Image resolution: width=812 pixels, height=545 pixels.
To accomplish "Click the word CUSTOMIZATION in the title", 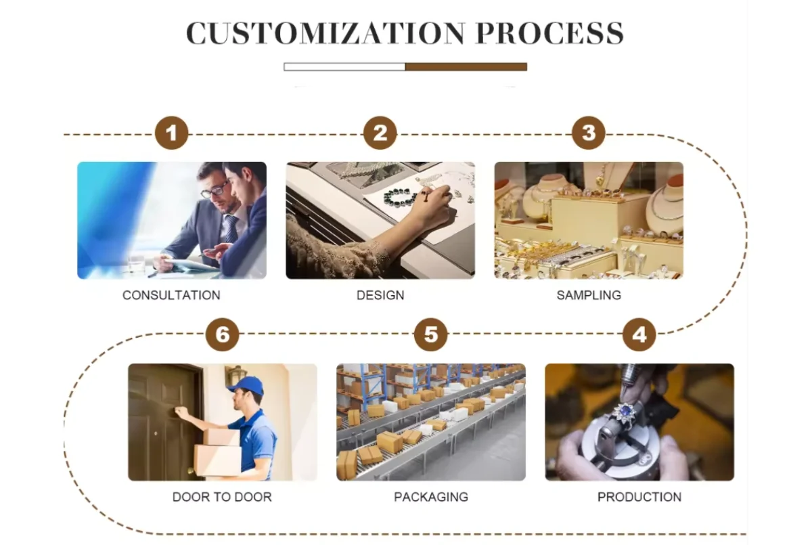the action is [x=325, y=34].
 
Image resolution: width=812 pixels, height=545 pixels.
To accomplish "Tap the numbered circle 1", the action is [x=171, y=133].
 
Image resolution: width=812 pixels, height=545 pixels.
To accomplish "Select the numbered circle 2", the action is [x=380, y=133].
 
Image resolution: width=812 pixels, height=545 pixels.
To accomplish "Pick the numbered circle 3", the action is [x=589, y=133].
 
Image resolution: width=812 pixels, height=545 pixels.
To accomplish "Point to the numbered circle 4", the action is [x=639, y=334].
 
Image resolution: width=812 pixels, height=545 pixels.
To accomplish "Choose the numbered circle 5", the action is [x=431, y=334].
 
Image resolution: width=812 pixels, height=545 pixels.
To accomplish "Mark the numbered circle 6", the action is [x=222, y=334].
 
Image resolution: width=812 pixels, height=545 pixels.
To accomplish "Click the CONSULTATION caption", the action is [x=171, y=295].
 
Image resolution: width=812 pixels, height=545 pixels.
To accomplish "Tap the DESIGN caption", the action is [x=380, y=295].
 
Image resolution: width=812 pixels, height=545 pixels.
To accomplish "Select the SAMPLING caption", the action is [x=589, y=295].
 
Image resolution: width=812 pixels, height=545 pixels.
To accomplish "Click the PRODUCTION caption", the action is [x=639, y=497].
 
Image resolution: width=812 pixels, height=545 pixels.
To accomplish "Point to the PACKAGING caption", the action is [x=431, y=497].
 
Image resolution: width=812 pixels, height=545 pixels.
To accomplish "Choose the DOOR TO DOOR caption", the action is [x=222, y=497].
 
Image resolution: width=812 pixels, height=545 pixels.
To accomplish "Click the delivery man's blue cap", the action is [x=248, y=385].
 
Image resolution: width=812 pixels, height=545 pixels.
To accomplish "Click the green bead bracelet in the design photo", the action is [x=400, y=196].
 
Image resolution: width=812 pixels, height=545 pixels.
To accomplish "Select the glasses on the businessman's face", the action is [x=215, y=190].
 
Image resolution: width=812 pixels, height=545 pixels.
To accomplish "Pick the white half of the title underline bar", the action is [x=344, y=66].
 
